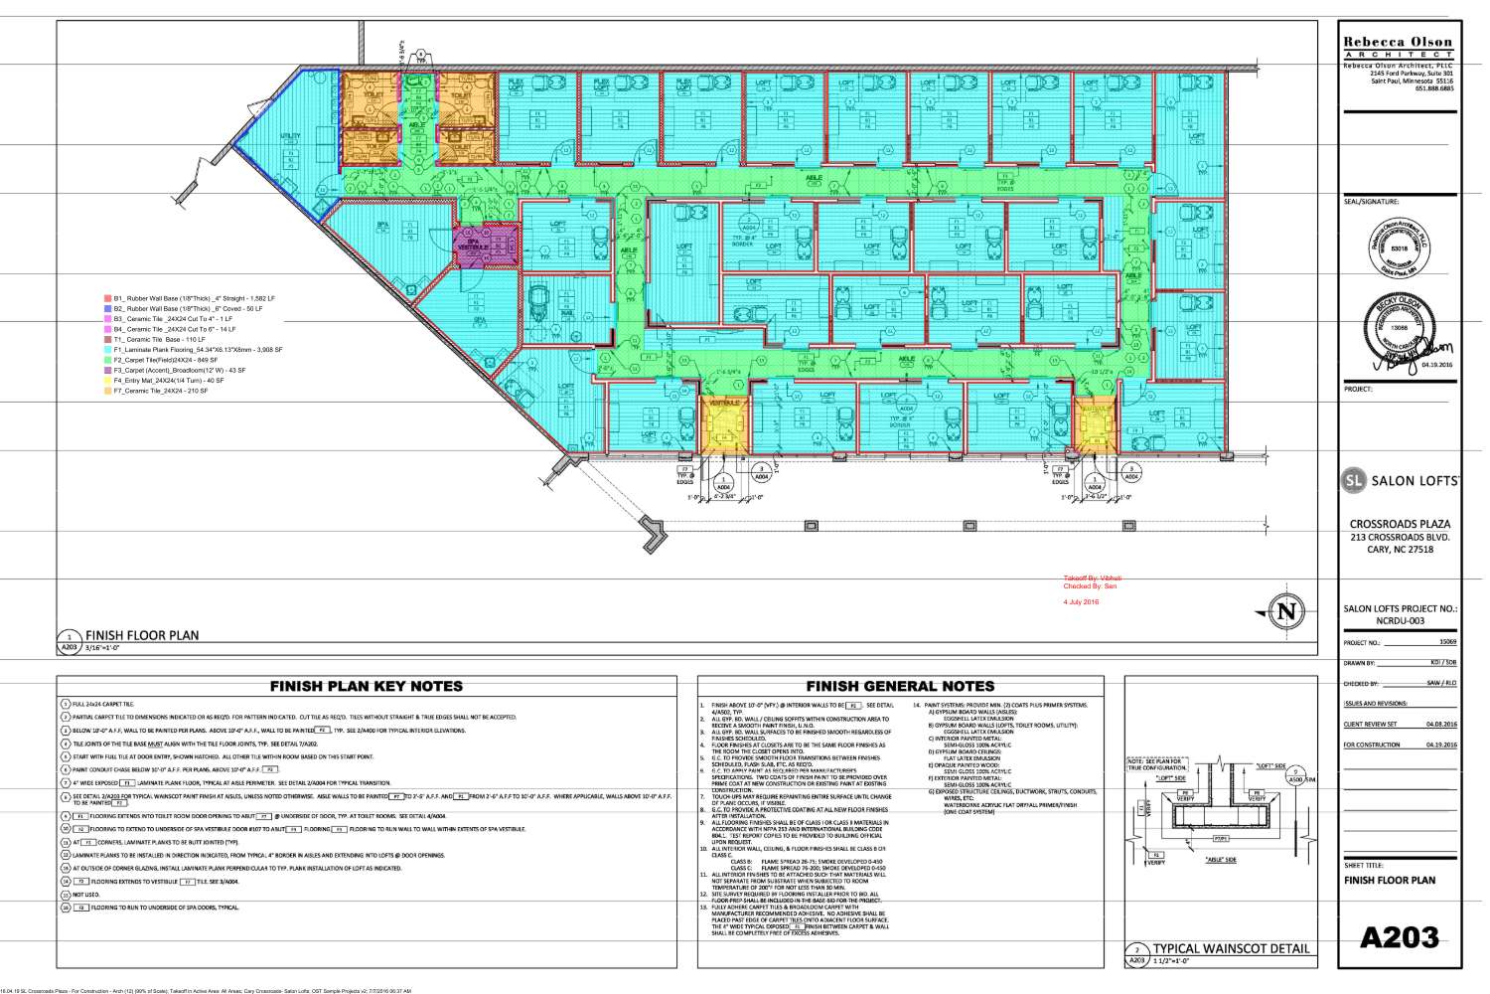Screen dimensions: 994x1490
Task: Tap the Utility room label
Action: pos(291,136)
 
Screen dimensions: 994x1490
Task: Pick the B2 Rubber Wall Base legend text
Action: pos(189,308)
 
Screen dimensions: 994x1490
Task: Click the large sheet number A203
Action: pos(1399,936)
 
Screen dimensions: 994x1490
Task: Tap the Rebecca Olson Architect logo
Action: pos(1398,47)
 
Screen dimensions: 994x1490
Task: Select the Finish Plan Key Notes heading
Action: pos(367,686)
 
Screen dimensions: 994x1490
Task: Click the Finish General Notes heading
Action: pos(900,686)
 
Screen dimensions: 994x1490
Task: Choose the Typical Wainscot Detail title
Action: pos(1231,948)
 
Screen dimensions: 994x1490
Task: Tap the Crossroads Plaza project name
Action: pos(1399,524)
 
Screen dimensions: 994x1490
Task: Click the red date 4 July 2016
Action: pos(1081,602)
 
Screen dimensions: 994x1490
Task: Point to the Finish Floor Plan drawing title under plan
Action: pos(142,635)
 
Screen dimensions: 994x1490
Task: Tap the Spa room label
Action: pos(382,226)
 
